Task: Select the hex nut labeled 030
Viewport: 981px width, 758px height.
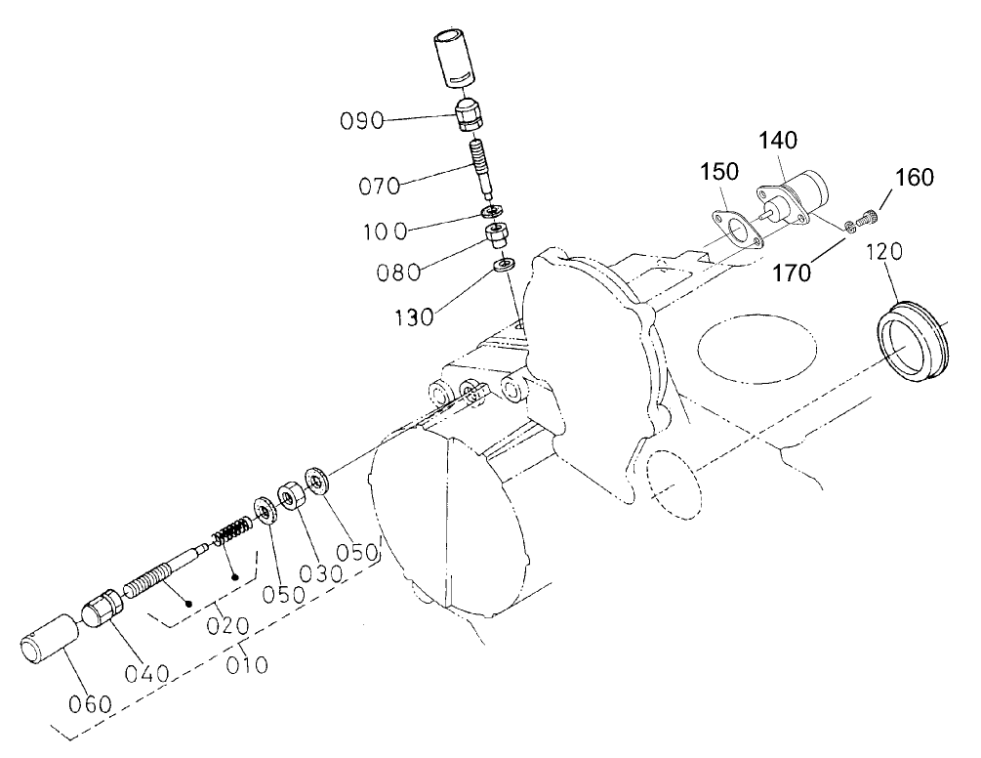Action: coord(289,498)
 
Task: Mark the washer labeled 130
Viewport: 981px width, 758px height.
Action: coord(505,265)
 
